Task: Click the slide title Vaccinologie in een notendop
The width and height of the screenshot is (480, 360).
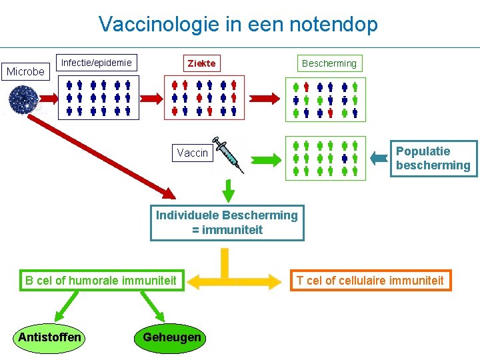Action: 238,25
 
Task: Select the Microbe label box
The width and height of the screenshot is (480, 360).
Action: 25,71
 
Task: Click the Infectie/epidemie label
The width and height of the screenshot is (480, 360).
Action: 97,63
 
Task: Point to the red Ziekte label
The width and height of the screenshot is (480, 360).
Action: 201,63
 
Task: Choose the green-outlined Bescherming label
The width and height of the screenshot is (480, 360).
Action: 329,63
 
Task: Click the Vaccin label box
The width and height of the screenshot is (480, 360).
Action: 192,153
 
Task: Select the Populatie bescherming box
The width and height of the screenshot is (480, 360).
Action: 434,158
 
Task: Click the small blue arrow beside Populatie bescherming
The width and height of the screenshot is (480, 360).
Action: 379,158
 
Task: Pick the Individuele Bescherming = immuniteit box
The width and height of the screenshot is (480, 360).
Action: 227,223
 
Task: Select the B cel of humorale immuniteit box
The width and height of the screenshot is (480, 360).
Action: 101,280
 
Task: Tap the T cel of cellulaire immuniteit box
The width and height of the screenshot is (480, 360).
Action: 370,280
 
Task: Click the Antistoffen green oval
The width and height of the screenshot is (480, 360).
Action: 50,337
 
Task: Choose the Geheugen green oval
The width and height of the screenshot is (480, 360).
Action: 171,337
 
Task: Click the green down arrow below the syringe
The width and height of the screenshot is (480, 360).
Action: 228,189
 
